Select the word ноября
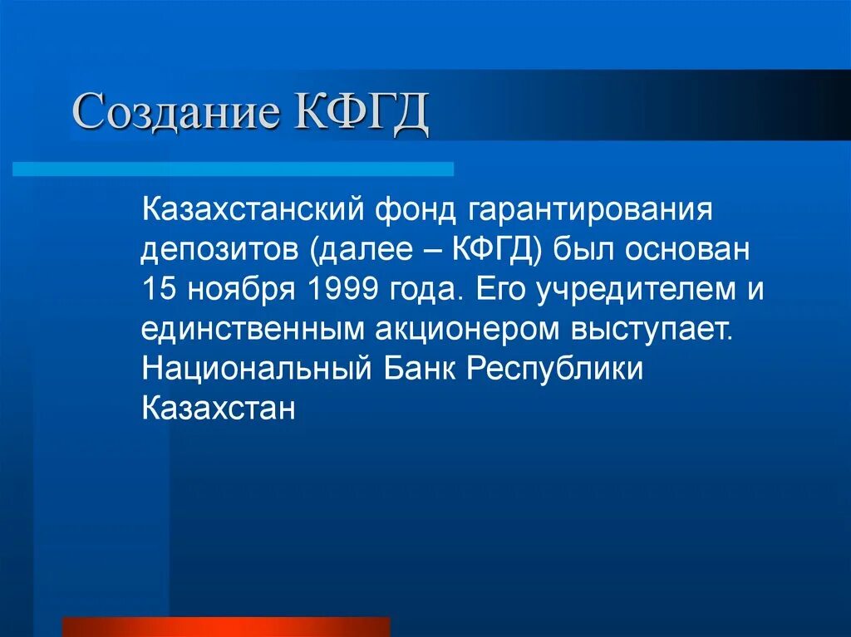click(x=240, y=289)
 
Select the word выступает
click(x=652, y=329)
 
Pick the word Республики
click(x=554, y=370)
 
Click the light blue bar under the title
click(x=233, y=169)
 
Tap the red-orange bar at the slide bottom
click(x=226, y=627)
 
